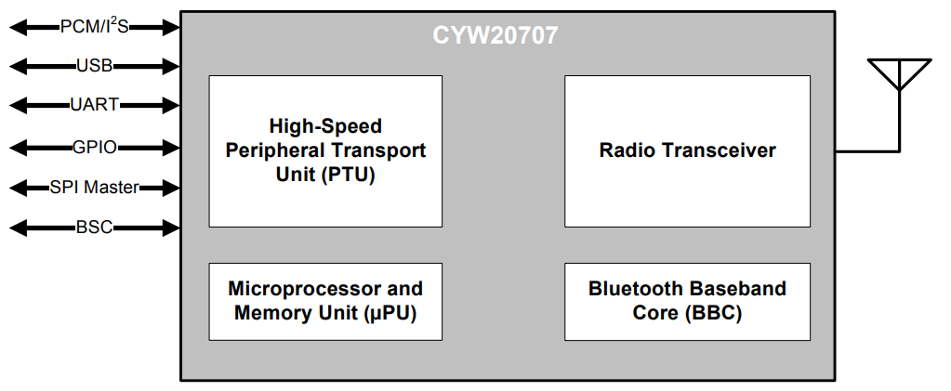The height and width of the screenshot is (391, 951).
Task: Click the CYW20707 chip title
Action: tap(495, 36)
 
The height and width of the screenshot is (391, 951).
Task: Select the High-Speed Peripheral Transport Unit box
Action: tap(325, 150)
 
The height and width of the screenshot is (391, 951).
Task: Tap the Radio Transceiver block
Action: tap(687, 150)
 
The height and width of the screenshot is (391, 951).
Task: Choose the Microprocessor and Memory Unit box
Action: tap(325, 301)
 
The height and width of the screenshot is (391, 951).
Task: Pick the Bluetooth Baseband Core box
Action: tap(687, 301)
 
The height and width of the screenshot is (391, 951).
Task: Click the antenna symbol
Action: tap(898, 74)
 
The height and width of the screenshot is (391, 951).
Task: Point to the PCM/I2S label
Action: tap(94, 27)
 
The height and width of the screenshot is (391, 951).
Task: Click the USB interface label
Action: tap(94, 66)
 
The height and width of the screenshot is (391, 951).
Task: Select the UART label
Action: tap(94, 105)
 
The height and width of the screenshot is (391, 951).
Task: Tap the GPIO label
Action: tap(94, 147)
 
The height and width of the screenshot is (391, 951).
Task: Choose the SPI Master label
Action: tap(94, 188)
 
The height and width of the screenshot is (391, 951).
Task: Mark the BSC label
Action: tap(94, 228)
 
